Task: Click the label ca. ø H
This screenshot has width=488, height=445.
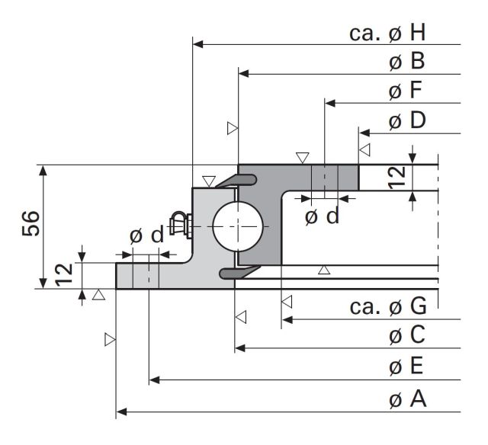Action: click(x=387, y=33)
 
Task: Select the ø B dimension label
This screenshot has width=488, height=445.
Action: click(x=406, y=61)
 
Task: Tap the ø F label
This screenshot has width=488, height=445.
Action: click(x=405, y=90)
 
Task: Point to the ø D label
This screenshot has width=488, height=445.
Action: click(x=407, y=120)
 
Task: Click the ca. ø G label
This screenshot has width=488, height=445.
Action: click(x=388, y=306)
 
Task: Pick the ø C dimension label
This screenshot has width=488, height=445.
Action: click(x=407, y=335)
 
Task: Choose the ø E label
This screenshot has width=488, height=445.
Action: click(x=406, y=366)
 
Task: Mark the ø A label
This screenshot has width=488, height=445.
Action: click(x=407, y=399)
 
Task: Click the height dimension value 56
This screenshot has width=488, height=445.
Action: click(x=31, y=223)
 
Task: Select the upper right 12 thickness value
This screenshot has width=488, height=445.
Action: click(x=397, y=178)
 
